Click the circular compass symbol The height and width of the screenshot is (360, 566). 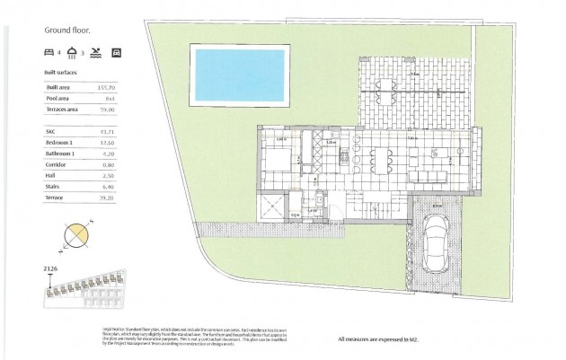tap(77, 234)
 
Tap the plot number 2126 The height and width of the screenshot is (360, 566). tap(51, 268)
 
